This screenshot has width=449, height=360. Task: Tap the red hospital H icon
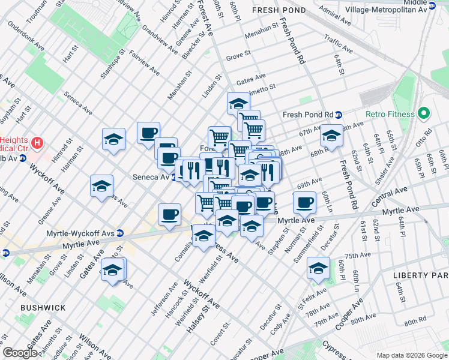pos(38,143)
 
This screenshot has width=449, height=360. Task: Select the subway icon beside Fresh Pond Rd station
pos(339,115)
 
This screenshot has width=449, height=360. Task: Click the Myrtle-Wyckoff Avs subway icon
pos(120,233)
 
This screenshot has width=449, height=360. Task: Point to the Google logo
pos(20,353)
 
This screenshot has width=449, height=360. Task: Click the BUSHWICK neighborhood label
pos(43,308)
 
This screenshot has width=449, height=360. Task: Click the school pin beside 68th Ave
pos(331,136)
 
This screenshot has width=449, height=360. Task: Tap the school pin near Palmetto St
pos(238,103)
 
